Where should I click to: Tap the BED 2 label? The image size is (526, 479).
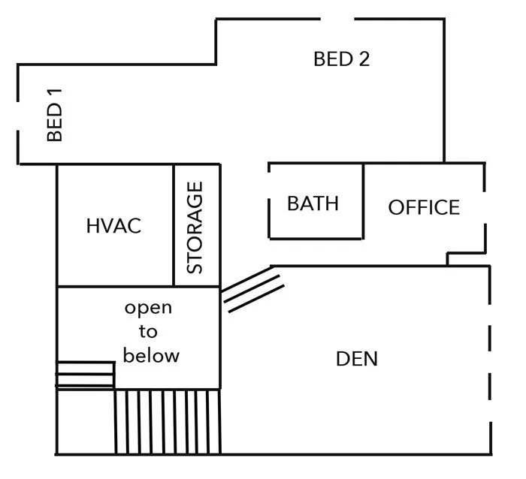341,59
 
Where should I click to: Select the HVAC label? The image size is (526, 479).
113,226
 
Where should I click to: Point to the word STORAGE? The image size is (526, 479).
195,227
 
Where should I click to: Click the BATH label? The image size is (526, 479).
313,203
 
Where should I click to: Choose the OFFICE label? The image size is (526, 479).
424,207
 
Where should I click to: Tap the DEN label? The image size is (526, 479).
356,359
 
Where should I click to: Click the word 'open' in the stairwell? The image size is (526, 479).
148,308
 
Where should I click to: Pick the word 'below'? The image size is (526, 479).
151,355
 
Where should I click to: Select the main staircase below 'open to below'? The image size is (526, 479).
167,420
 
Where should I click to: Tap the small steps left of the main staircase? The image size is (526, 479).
85,375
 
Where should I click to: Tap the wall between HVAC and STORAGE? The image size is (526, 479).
174,225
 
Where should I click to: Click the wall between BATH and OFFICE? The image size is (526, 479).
364,200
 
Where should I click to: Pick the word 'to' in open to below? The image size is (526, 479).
148,331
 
